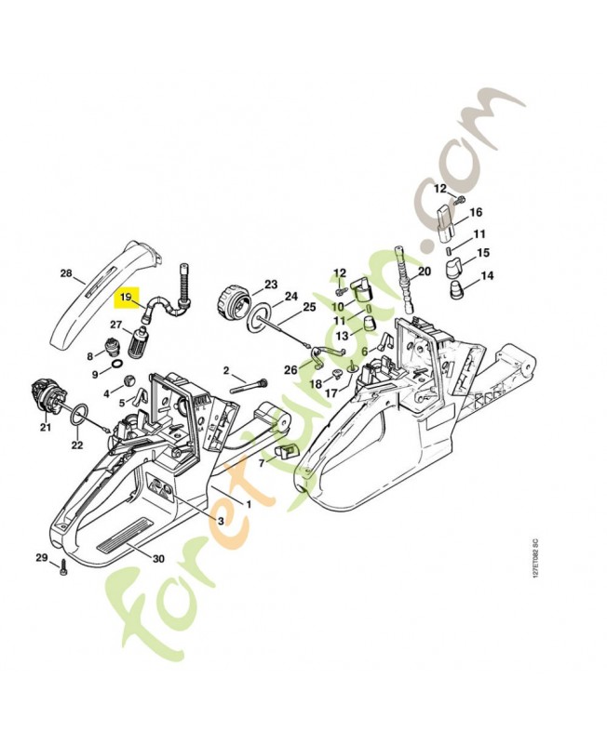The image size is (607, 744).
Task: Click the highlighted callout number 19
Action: pos(124,298)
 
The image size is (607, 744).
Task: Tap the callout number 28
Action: pos(65,273)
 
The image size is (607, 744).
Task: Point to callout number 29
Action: pos(41,557)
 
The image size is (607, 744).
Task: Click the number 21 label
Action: pos(45,428)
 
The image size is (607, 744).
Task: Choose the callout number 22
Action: pos(77,445)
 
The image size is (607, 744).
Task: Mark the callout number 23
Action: pos(271,284)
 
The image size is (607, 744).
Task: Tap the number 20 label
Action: pos(425,272)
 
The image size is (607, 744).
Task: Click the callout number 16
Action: pos(476,212)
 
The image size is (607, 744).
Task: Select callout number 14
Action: pos(487,275)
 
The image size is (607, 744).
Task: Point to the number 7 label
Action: pos(261,462)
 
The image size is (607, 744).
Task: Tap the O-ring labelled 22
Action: pos(81,414)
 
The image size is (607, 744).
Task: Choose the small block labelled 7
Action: pos(284,451)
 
